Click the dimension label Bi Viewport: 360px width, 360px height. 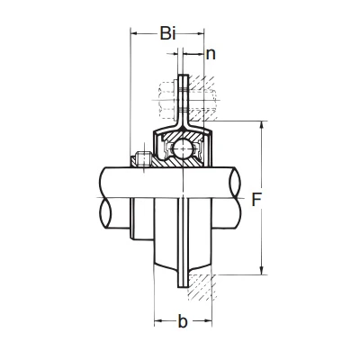(x=167, y=33)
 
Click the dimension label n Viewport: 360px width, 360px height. (x=211, y=54)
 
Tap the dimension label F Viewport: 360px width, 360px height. (x=256, y=200)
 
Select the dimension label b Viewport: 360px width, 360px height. (x=183, y=321)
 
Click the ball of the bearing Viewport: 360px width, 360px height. (x=183, y=148)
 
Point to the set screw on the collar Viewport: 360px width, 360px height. (x=144, y=158)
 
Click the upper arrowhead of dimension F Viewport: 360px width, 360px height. (x=262, y=125)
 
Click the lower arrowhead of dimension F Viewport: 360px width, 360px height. (x=262, y=270)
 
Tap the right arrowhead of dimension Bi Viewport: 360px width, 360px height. (x=200, y=33)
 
